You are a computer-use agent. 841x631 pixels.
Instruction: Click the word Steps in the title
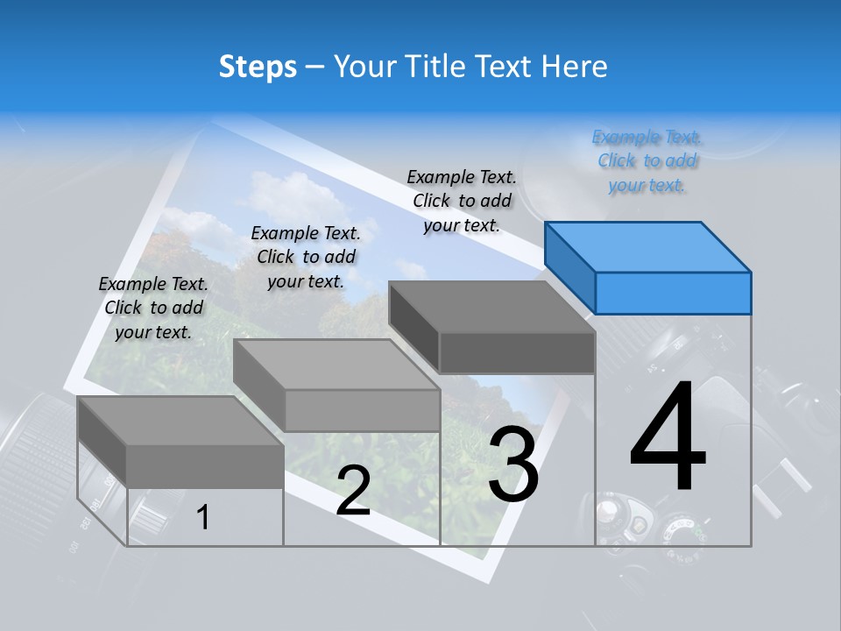coord(258,67)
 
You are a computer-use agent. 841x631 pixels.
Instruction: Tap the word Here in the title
coord(575,67)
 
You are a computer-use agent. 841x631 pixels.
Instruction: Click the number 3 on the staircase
coord(513,464)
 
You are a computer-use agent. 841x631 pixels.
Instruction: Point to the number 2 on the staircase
coord(353,491)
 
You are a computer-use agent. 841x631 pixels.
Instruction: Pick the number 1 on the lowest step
coord(203,517)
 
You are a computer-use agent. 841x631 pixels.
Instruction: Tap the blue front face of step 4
coord(673,293)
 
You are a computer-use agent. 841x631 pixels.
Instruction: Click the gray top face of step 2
coord(336,365)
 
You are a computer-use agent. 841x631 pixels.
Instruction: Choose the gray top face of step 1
coord(180,421)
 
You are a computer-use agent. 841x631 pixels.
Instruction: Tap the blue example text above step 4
coord(647,161)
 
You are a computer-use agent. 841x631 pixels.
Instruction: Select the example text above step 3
coord(462,201)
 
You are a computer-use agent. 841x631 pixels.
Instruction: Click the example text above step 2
coord(306,257)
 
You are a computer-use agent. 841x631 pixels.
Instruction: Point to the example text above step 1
coord(153,308)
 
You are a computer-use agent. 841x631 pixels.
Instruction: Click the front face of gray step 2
coord(362,410)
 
